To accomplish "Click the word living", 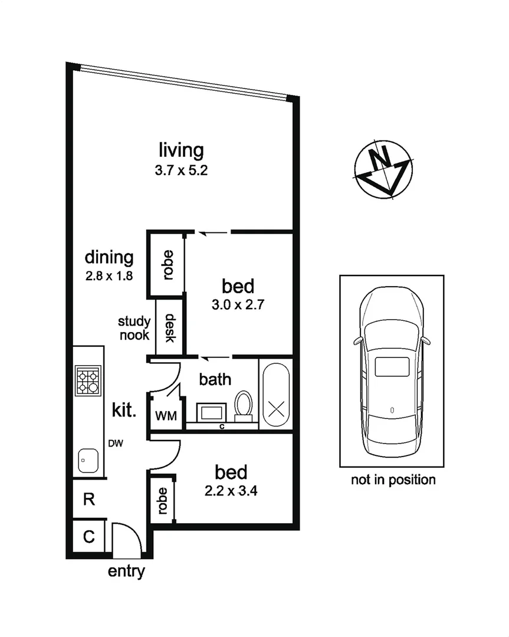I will tap(181, 150).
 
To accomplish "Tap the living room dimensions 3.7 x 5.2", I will tap(181, 172).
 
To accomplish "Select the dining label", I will tap(109, 257).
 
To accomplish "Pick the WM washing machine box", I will tap(165, 416).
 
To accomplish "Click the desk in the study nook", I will tap(169, 328).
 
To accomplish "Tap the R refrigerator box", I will tap(88, 500).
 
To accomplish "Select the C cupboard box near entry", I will tap(88, 537).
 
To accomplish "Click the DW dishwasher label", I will tap(115, 444).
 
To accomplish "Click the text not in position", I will tap(393, 480).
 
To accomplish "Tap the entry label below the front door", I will tap(126, 571).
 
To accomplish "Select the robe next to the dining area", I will tap(168, 264).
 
